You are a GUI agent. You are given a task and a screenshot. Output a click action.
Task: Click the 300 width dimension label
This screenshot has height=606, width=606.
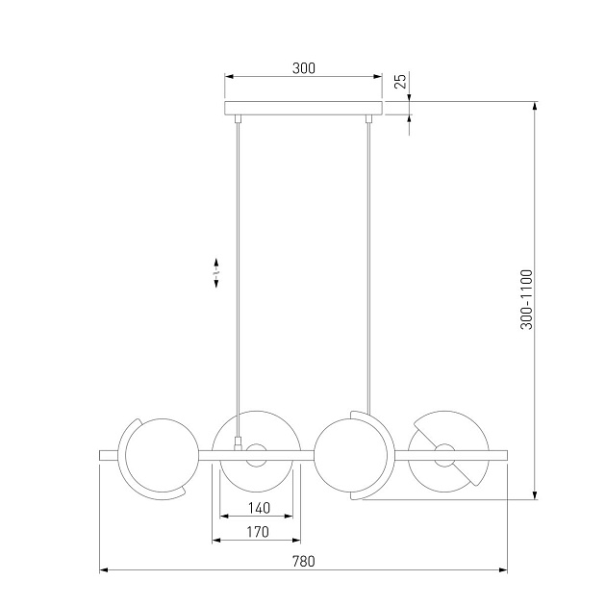coord(304,68)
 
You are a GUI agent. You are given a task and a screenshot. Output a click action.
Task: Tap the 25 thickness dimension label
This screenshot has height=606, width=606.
coord(401,81)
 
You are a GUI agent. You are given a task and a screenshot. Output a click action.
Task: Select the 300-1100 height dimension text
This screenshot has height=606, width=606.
coord(526,299)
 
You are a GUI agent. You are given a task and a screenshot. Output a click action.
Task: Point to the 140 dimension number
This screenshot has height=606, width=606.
coord(259,508)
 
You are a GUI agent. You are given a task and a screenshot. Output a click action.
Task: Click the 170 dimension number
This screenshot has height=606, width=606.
coord(258,532)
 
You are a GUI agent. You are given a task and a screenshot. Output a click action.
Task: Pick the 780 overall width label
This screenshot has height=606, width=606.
coord(303,561)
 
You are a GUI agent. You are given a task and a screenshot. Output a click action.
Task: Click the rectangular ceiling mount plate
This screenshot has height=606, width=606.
coord(303,108)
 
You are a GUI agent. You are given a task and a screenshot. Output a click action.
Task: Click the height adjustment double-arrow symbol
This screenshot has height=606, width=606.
coord(216,273)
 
